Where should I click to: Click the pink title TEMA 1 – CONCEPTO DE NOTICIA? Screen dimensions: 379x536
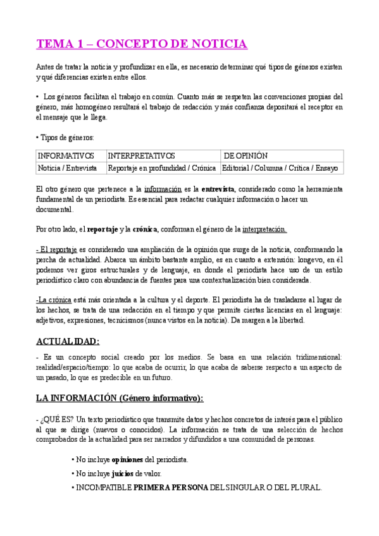coord(141,44)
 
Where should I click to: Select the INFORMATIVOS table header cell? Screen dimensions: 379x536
coord(66,155)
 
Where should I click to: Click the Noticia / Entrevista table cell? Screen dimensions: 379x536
coord(67,168)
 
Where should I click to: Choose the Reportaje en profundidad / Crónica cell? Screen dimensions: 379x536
coord(162,168)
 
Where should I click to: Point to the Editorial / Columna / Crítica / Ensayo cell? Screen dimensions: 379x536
coord(280,168)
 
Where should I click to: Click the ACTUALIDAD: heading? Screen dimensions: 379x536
coord(68,341)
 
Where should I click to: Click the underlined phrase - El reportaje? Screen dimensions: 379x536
coord(56,250)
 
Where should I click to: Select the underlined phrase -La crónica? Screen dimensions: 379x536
coord(54,300)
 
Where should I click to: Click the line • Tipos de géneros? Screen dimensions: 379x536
coord(65,137)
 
